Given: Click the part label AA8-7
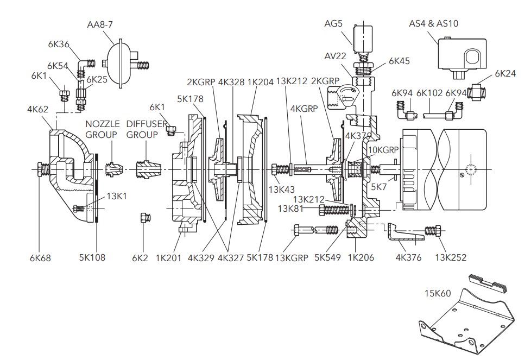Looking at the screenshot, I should [100, 24].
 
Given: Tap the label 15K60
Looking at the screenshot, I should [438, 293].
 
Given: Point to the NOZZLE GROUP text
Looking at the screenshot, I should [102, 129].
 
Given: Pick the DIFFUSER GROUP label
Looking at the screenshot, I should [147, 129].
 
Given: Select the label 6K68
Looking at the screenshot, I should [40, 258].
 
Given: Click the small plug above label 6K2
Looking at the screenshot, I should [144, 218].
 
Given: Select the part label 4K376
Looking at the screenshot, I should [408, 258].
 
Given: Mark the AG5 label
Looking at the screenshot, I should [333, 24].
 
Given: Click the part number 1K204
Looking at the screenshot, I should [260, 82].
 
